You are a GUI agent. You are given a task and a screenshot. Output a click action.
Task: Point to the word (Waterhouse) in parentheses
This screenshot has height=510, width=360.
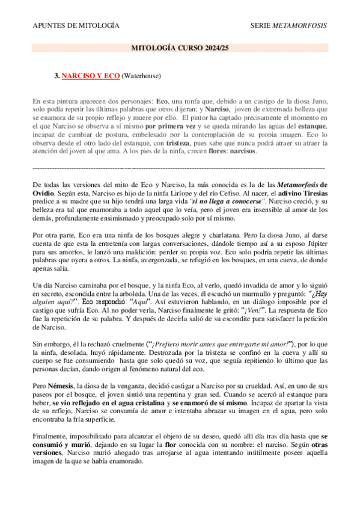(x=141, y=76)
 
